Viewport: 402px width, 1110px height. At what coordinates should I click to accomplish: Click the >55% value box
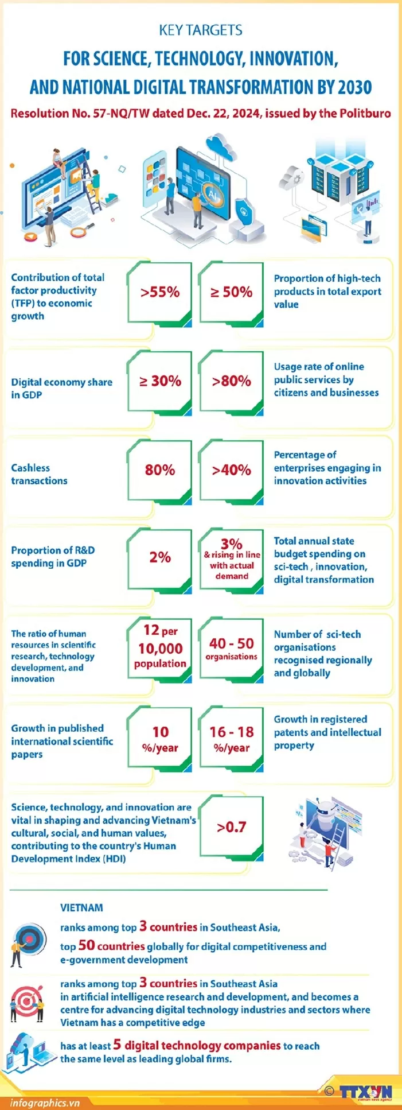tap(160, 292)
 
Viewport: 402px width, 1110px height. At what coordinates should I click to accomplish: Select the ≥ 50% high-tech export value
tap(232, 292)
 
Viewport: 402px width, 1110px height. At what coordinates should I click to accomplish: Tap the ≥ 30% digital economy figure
tap(160, 381)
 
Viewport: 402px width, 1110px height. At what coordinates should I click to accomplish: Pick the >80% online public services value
tap(232, 381)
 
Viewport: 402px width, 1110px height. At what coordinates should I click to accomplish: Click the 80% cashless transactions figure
tap(160, 470)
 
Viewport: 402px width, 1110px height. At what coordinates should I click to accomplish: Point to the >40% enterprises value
tap(232, 470)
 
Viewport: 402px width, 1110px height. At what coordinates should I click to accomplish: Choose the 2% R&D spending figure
tap(160, 557)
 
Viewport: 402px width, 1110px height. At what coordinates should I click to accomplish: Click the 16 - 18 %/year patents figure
tap(232, 738)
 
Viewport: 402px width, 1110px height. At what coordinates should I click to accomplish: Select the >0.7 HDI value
tap(232, 827)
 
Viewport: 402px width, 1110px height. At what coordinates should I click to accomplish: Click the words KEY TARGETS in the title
tap(201, 30)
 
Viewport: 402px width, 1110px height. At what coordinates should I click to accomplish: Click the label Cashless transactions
tap(39, 474)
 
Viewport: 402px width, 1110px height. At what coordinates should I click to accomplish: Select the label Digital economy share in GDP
tap(61, 388)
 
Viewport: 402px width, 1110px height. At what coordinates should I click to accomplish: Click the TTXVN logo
tap(365, 1091)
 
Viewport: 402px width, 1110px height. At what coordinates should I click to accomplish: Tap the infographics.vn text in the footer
tap(45, 1103)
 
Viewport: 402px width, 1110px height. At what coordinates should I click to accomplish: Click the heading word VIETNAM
tap(82, 907)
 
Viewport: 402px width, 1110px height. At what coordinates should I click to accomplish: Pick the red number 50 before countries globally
tap(86, 945)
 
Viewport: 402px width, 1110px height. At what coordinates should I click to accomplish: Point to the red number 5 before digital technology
tap(117, 1045)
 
